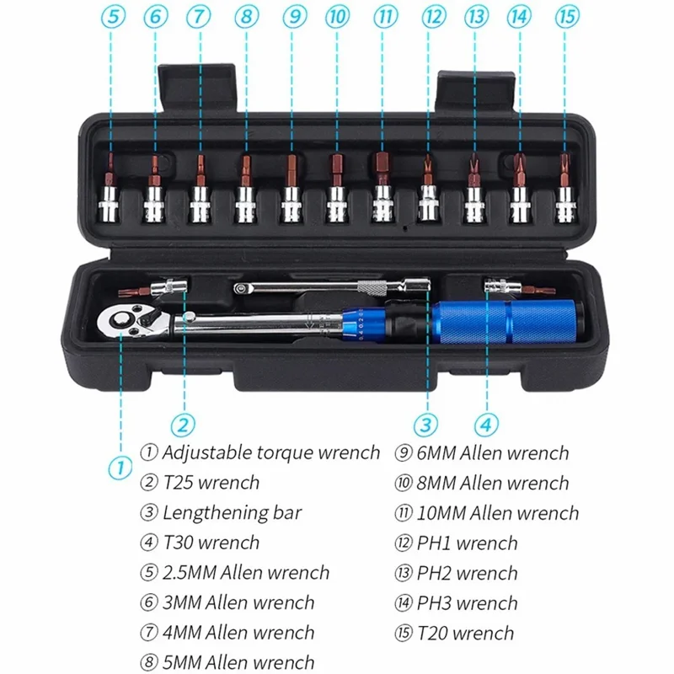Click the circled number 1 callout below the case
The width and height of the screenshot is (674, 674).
[x=120, y=466]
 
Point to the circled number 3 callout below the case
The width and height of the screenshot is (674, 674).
[x=426, y=424]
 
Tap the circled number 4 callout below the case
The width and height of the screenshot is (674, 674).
[x=485, y=424]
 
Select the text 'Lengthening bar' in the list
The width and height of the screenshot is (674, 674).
[x=232, y=512]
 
